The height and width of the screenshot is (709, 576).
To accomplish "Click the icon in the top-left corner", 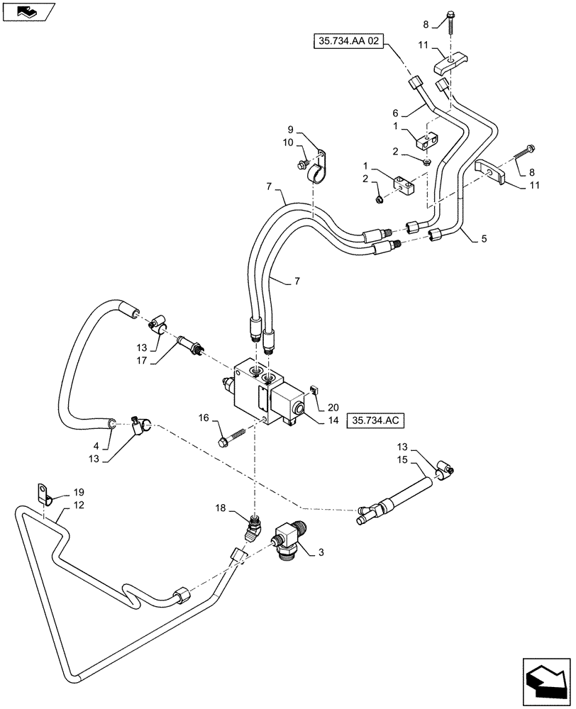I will (x=28, y=11).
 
